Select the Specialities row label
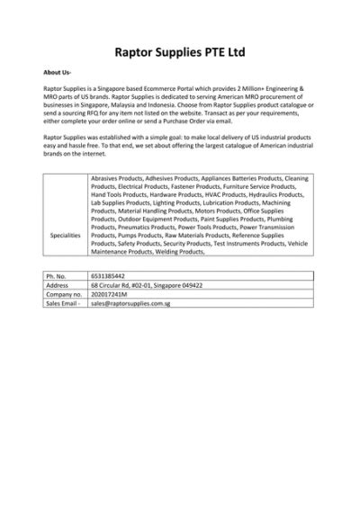click(x=66, y=235)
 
